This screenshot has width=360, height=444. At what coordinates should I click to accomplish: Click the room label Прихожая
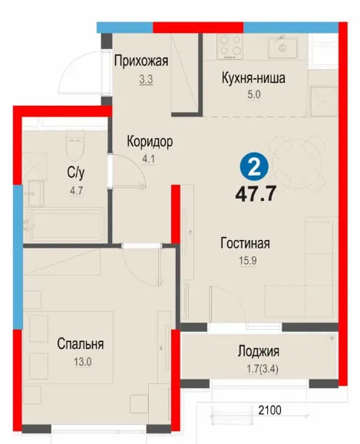click(x=141, y=61)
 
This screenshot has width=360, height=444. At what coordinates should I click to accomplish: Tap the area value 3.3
click(x=146, y=80)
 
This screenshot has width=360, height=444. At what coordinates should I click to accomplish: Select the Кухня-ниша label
click(x=253, y=78)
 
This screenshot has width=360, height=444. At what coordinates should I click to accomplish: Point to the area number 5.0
click(x=254, y=94)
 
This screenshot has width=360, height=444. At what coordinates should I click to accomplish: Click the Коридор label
click(x=150, y=141)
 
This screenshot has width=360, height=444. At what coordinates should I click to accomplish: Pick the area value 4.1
click(x=148, y=160)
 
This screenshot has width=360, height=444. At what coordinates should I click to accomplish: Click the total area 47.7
click(x=256, y=194)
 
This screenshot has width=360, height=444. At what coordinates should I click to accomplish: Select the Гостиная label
click(x=245, y=243)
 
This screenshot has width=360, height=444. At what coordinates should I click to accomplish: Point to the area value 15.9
click(x=248, y=261)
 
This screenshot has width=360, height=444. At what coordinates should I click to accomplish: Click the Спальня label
click(x=81, y=344)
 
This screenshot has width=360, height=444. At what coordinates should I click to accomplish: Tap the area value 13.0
click(x=83, y=362)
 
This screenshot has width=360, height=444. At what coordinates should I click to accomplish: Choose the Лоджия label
click(x=258, y=351)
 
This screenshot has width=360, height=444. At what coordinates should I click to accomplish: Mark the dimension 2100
click(x=269, y=410)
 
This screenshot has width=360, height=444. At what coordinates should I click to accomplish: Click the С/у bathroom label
click(x=76, y=173)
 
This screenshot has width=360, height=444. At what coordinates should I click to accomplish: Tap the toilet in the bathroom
click(x=74, y=146)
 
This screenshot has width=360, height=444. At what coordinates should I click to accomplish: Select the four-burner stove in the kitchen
click(x=230, y=46)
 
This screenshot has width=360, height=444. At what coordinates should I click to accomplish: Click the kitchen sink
click(x=282, y=48)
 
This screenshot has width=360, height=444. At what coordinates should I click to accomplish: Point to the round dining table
click(x=297, y=163)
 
